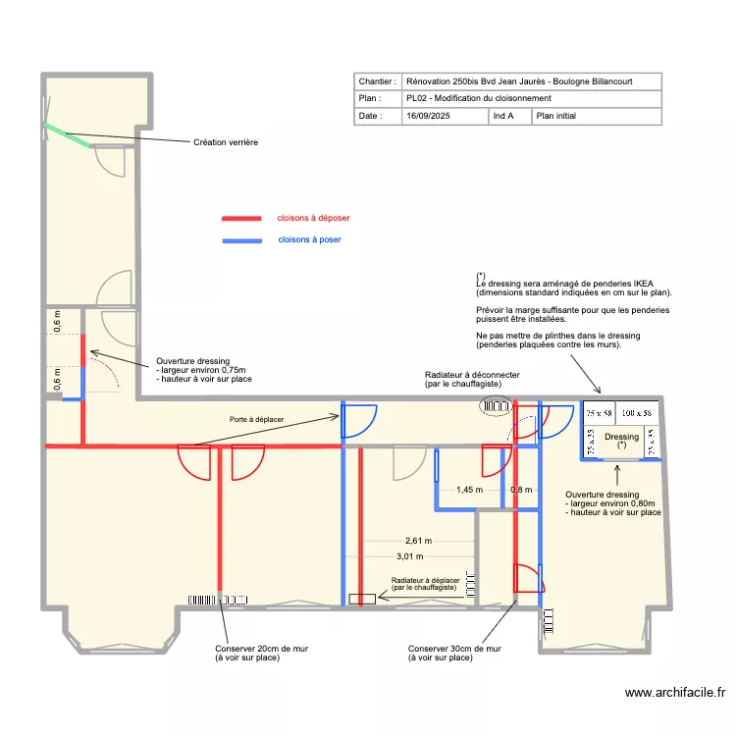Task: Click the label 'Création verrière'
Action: [x=226, y=142]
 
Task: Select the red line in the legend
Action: [x=241, y=218]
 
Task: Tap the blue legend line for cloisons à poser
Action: [x=241, y=240]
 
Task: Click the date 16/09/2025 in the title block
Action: [x=430, y=116]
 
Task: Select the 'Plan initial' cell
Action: [x=557, y=116]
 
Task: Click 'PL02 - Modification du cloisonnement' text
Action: [x=478, y=98]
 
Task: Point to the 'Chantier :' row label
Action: [x=378, y=81]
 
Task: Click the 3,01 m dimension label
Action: [x=418, y=556]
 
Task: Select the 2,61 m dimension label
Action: [x=418, y=541]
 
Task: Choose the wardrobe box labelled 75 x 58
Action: [x=599, y=414]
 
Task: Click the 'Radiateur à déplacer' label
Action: [x=425, y=580]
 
